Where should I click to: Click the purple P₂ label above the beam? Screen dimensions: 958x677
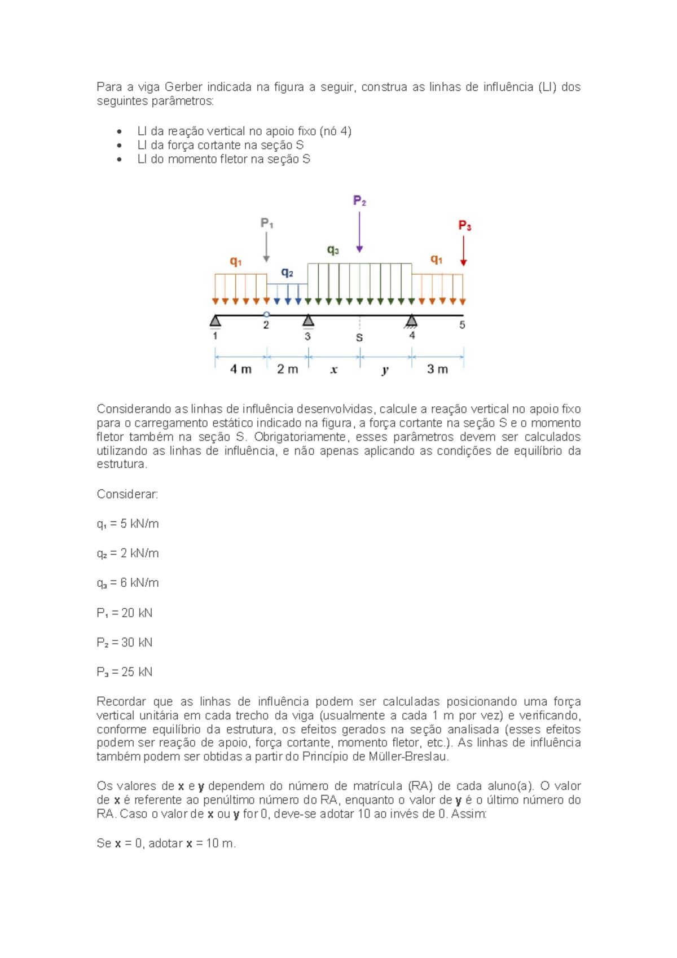(359, 201)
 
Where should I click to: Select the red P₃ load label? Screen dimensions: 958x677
(464, 226)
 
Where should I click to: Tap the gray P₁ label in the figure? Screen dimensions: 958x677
(267, 223)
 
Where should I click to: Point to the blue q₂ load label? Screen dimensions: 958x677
(287, 273)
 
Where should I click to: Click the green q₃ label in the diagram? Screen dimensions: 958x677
(333, 249)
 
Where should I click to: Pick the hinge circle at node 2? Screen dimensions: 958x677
(267, 315)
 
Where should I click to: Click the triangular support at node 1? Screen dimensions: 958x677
(215, 321)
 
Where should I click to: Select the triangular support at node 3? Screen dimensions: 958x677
(308, 321)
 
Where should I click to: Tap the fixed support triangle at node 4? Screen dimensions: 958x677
(412, 321)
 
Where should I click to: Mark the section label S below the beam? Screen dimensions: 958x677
(359, 338)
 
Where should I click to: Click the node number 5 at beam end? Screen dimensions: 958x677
(462, 325)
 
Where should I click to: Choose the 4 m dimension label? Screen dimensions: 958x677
(241, 369)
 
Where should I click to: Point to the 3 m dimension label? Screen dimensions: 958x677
(437, 369)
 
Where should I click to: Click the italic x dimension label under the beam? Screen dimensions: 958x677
(334, 370)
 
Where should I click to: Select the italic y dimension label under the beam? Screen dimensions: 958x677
(385, 370)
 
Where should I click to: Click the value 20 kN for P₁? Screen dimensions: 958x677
(137, 613)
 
